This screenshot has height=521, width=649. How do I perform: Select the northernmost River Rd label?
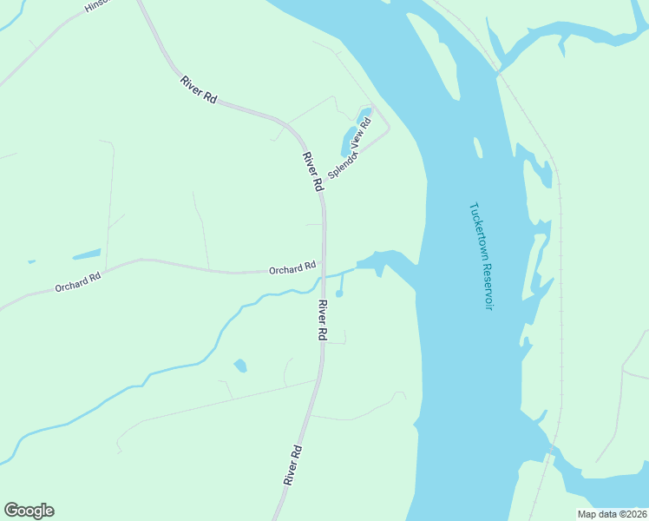pos(198,90)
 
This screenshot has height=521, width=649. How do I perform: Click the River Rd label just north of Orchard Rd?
pos(312,172)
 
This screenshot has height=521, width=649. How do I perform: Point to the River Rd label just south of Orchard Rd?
pos(322,320)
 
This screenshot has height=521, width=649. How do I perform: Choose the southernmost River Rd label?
pos(292,465)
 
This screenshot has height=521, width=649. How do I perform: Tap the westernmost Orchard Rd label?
pos(78,281)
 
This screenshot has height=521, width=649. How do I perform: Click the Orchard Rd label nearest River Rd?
pos(292,270)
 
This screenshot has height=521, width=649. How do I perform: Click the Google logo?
pos(29,511)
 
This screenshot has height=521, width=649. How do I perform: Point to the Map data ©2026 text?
pos(611,514)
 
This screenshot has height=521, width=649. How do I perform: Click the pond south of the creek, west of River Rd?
pos(240,366)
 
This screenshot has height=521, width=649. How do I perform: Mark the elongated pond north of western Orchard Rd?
pos(86,254)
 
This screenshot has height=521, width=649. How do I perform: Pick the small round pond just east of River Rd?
pos(339,293)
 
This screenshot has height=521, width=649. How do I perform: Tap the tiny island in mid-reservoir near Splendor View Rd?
pos(477,148)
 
